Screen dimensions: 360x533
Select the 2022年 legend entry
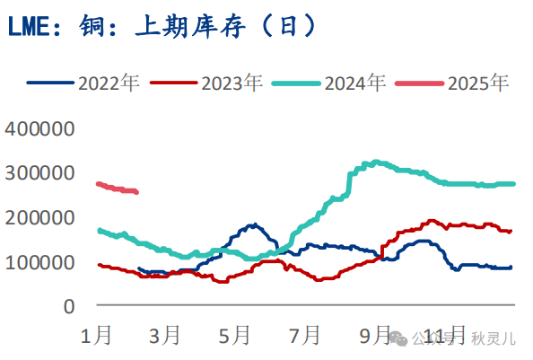click(84, 83)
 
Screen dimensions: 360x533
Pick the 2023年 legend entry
click(207, 83)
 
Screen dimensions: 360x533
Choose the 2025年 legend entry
click(454, 83)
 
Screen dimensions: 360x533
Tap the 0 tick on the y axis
click(68, 307)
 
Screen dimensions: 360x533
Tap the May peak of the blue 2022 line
click(254, 224)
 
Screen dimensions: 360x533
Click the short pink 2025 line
click(117, 188)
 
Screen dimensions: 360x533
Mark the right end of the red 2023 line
click(511, 232)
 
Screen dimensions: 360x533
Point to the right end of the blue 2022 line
click(511, 267)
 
